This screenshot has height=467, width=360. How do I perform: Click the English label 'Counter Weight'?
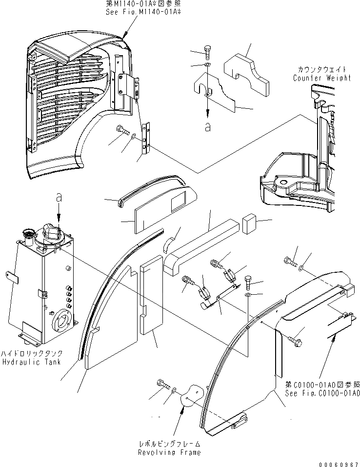321,78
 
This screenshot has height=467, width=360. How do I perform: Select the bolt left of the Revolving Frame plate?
162,384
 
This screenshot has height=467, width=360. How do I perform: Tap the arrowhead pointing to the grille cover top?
125,34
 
